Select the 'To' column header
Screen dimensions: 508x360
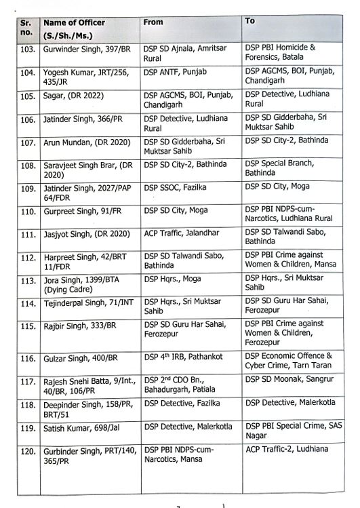tap(249, 21)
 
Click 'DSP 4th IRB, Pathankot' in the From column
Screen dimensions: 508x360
tap(184, 356)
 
